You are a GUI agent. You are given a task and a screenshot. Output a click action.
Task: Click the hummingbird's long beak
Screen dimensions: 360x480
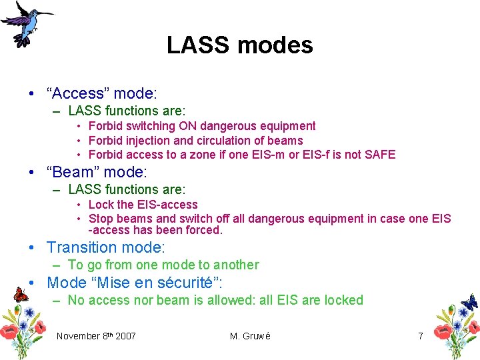46,13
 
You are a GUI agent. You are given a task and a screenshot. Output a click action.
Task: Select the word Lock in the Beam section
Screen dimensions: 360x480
101,205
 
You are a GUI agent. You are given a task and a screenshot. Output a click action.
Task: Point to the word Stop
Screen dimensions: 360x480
101,219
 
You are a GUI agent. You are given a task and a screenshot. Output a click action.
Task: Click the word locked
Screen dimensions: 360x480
343,300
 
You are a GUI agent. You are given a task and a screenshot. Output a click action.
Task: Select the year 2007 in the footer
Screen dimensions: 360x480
125,336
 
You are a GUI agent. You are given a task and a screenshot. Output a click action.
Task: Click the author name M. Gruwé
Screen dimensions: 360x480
250,336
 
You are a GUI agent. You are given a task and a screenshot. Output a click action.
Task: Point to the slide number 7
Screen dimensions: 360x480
420,336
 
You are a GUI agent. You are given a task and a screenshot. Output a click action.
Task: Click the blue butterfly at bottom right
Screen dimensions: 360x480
469,302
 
